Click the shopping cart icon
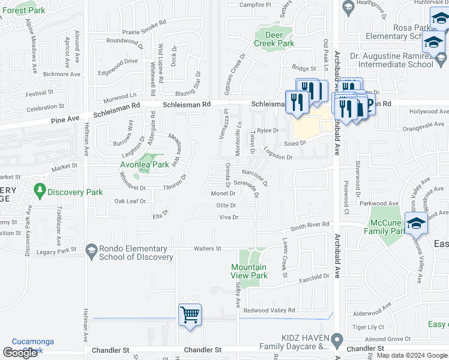click(x=190, y=314)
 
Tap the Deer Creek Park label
click(x=274, y=39)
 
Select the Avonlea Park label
click(x=143, y=164)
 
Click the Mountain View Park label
click(x=250, y=271)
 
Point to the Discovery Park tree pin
click(x=40, y=190)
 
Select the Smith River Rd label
click(x=310, y=225)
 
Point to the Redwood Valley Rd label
click(x=269, y=310)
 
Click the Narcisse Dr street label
click(x=255, y=176)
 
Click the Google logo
click(x=20, y=353)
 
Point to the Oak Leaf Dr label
click(x=130, y=201)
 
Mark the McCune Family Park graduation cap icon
click(x=415, y=223)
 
